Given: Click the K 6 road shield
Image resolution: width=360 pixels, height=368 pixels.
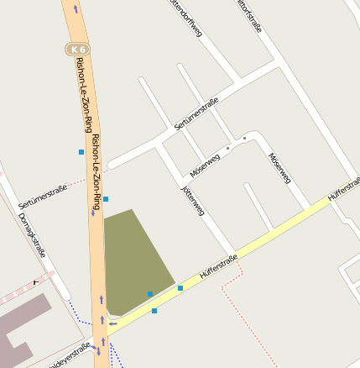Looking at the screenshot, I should click(x=79, y=50).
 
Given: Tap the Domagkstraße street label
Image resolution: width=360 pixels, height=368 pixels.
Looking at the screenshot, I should click(x=32, y=235).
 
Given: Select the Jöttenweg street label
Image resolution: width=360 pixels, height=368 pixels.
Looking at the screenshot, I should click(x=194, y=201).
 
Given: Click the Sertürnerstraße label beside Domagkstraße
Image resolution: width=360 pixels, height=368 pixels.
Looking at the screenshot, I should click(x=42, y=198).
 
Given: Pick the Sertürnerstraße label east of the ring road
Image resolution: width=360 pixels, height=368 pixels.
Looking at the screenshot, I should click(x=196, y=113).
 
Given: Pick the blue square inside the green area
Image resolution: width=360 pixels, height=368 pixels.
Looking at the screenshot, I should click(x=149, y=294).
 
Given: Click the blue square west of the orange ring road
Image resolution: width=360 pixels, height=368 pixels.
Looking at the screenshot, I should click(x=81, y=152).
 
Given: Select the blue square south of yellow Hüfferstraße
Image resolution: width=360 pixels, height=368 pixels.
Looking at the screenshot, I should click(x=154, y=311).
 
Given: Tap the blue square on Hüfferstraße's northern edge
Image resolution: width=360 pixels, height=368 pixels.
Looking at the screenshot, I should click(x=180, y=288).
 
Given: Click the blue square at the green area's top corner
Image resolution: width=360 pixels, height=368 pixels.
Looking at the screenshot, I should click(x=106, y=199).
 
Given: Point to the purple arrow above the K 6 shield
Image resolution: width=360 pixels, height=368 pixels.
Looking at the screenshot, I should click(x=76, y=9).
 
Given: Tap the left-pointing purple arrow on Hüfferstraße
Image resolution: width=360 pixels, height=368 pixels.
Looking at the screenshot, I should click(x=112, y=323).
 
